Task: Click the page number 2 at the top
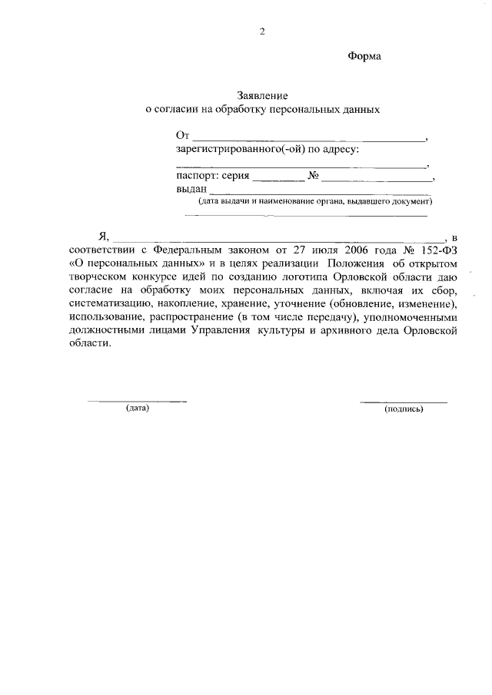point(262,31)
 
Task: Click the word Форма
point(364,56)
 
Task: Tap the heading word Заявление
point(262,97)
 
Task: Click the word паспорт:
point(197,176)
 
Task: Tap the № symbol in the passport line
point(314,176)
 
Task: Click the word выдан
point(191,189)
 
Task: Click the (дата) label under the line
point(137,408)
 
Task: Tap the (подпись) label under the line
point(404,409)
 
